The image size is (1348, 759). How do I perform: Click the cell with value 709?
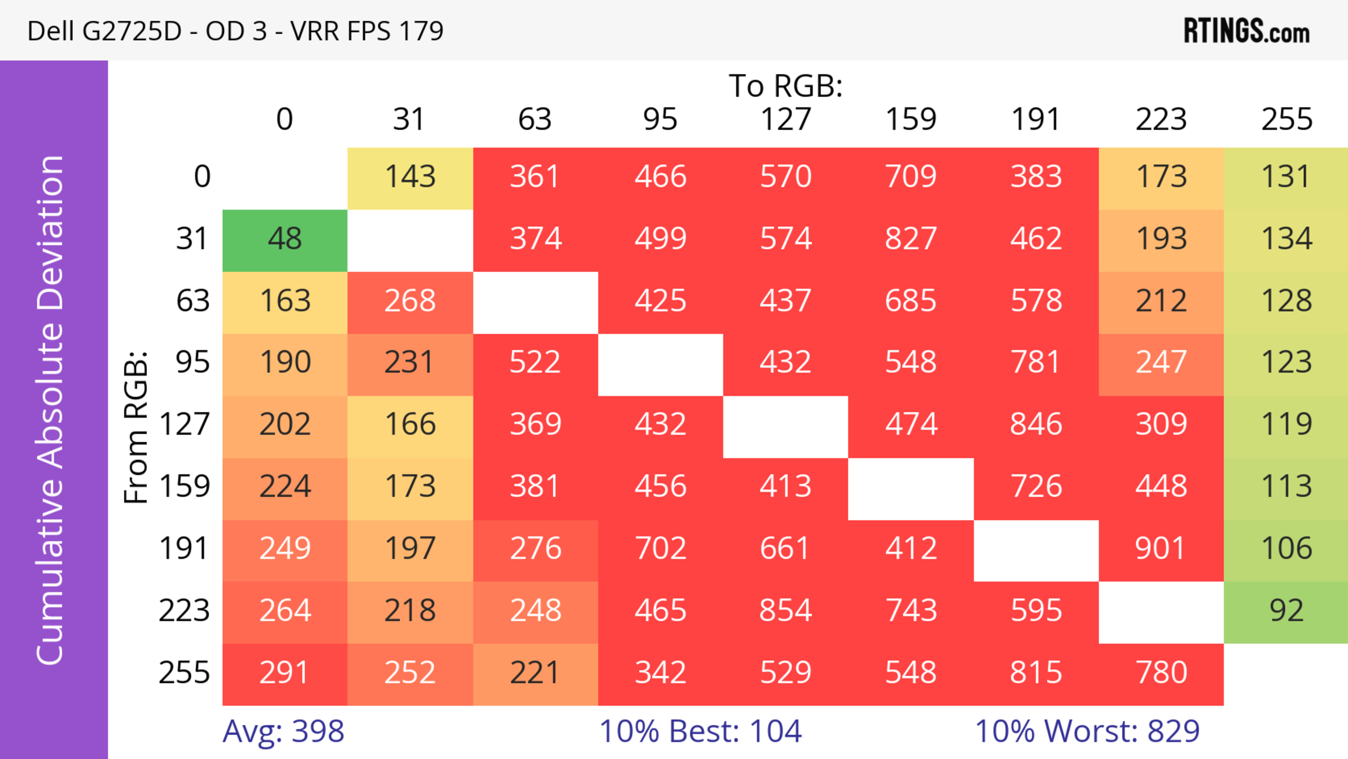(911, 177)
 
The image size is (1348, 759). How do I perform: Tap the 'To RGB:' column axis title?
(786, 86)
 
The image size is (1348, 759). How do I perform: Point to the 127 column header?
(786, 120)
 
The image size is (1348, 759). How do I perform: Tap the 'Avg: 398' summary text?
(283, 731)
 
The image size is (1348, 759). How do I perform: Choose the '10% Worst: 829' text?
(1087, 731)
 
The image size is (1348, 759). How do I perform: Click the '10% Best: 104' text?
(700, 731)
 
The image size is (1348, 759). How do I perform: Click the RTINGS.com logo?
(1247, 31)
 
